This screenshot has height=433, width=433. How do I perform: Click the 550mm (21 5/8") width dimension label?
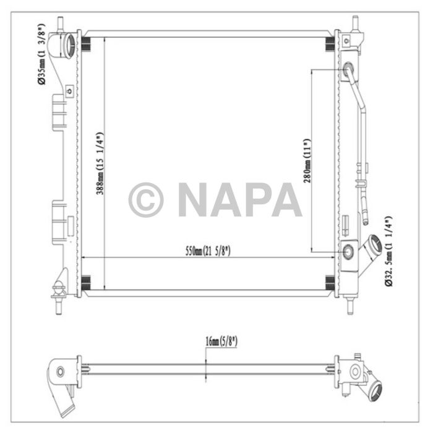coord(208,251)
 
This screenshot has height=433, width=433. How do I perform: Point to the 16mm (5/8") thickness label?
coord(221,341)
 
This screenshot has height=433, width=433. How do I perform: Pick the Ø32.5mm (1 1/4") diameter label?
coord(388,251)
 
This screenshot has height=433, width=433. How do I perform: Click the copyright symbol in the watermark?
coord(146,200)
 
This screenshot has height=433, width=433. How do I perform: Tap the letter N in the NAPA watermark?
coord(194,200)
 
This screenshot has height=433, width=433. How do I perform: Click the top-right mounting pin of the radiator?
coord(356,25)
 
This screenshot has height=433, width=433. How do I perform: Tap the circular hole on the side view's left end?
coord(60,372)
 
